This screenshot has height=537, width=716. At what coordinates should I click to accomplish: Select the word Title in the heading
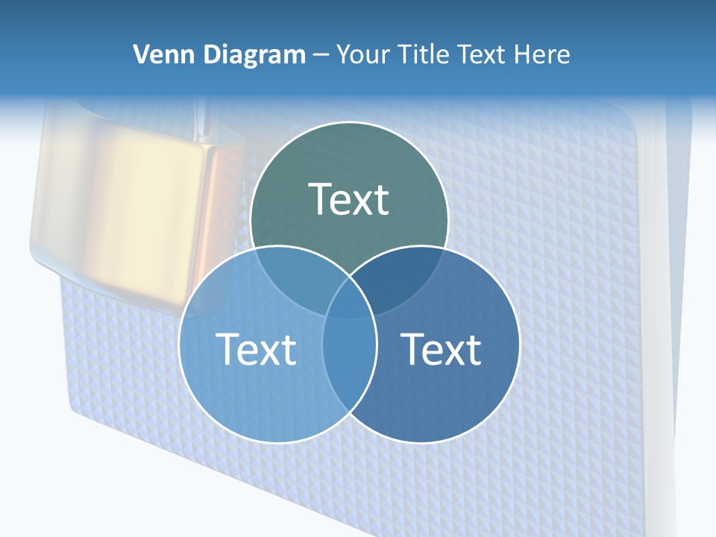(x=423, y=54)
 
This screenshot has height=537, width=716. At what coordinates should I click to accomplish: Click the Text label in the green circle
(x=349, y=199)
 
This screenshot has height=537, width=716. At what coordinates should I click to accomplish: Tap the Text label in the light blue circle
(x=256, y=348)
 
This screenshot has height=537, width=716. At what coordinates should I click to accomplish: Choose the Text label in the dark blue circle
(x=441, y=348)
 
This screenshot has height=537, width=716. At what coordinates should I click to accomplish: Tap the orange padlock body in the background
(x=127, y=216)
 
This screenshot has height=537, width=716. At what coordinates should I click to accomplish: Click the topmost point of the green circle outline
(x=349, y=122)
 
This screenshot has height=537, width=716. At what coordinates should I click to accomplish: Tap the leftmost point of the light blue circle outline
(x=179, y=345)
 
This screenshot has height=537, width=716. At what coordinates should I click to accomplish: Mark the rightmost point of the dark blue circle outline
(x=520, y=345)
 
